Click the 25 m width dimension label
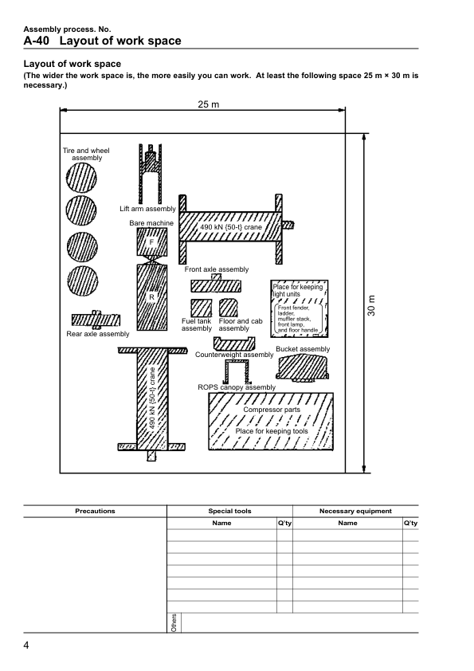pyautogui.click(x=209, y=104)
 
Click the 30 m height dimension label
pyautogui.click(x=371, y=305)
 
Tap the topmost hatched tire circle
pyautogui.click(x=81, y=178)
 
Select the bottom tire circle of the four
pyautogui.click(x=83, y=281)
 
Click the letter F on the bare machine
pyautogui.click(x=151, y=242)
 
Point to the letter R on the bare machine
pyautogui.click(x=151, y=297)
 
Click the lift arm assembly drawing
pyautogui.click(x=150, y=174)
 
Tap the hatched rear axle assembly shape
pyautogui.click(x=96, y=320)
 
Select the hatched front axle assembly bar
pyautogui.click(x=216, y=284)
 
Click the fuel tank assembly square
pyautogui.click(x=201, y=308)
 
